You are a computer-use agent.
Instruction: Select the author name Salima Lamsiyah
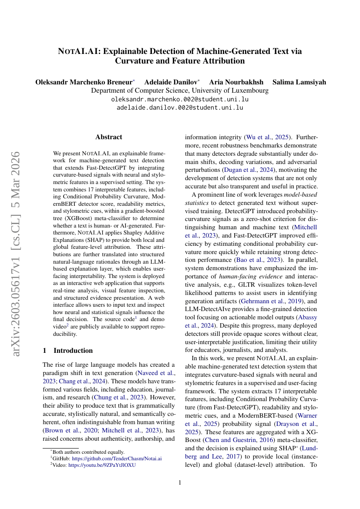tap(299, 82)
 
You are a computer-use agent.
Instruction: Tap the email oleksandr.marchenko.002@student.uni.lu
tap(180, 99)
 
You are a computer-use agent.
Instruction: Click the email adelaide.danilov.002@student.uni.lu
tap(180, 107)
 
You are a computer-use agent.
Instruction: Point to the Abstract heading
tap(108, 137)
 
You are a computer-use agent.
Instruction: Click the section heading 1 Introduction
tap(67, 350)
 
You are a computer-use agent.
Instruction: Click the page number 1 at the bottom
tap(180, 482)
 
